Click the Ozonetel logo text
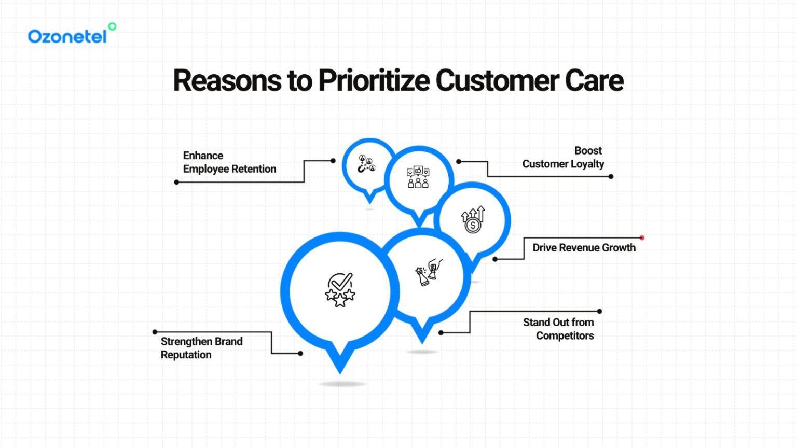pos(67,36)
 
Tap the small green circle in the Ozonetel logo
pos(112,26)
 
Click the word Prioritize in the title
pos(374,81)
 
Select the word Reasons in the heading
pos(227,81)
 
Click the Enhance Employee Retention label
pos(229,162)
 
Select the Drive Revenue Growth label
pos(584,248)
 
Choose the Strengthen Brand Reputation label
pos(201,348)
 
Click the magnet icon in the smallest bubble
pos(366,164)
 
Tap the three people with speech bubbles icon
pos(418,177)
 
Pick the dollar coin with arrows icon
pos(473,220)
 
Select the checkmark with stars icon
pos(340,290)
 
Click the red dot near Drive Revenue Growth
pos(642,238)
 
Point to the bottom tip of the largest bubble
pos(340,371)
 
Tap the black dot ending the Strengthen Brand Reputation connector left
pos(155,332)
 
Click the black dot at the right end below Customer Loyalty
pos(611,177)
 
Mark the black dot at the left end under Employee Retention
pos(176,182)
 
